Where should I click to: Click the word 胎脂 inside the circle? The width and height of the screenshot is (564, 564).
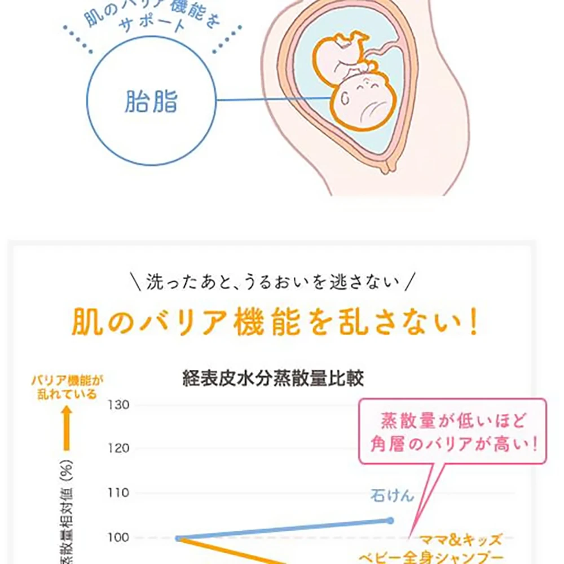(151, 102)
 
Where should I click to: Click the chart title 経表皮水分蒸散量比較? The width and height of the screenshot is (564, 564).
(273, 378)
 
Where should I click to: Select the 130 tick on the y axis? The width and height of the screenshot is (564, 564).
(118, 405)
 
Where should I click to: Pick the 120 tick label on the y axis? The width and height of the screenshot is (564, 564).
(118, 449)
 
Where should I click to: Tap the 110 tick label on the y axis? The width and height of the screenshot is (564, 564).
(118, 493)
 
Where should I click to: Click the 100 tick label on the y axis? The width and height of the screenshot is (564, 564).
(118, 537)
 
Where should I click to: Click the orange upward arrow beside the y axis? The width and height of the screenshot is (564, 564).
(67, 429)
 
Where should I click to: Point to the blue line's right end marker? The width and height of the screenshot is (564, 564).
(390, 520)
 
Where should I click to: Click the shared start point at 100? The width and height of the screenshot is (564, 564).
(179, 538)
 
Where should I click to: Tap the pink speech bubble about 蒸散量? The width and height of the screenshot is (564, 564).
(452, 432)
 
